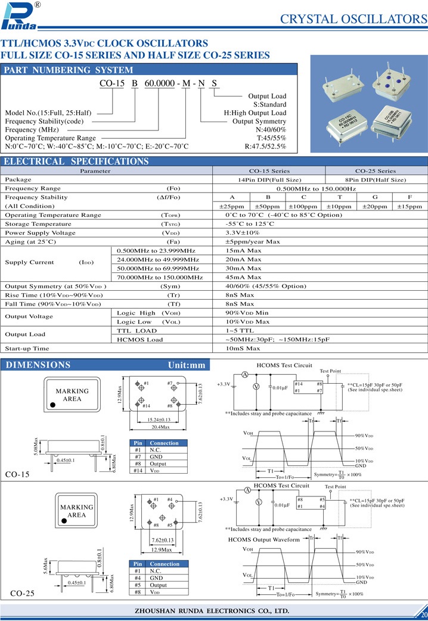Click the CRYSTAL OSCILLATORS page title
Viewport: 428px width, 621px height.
pyautogui.click(x=353, y=18)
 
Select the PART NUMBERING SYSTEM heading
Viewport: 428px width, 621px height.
pyautogui.click(x=60, y=70)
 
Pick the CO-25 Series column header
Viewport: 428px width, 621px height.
pyautogui.click(x=376, y=170)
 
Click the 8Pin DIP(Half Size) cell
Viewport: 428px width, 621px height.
pyautogui.click(x=376, y=179)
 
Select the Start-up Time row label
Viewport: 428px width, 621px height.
pyautogui.click(x=27, y=348)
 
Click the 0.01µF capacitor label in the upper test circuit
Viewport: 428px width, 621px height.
pyautogui.click(x=280, y=387)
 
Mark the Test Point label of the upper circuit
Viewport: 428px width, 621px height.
pyautogui.click(x=331, y=371)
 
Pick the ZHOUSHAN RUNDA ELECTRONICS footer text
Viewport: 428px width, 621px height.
pyautogui.click(x=213, y=611)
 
